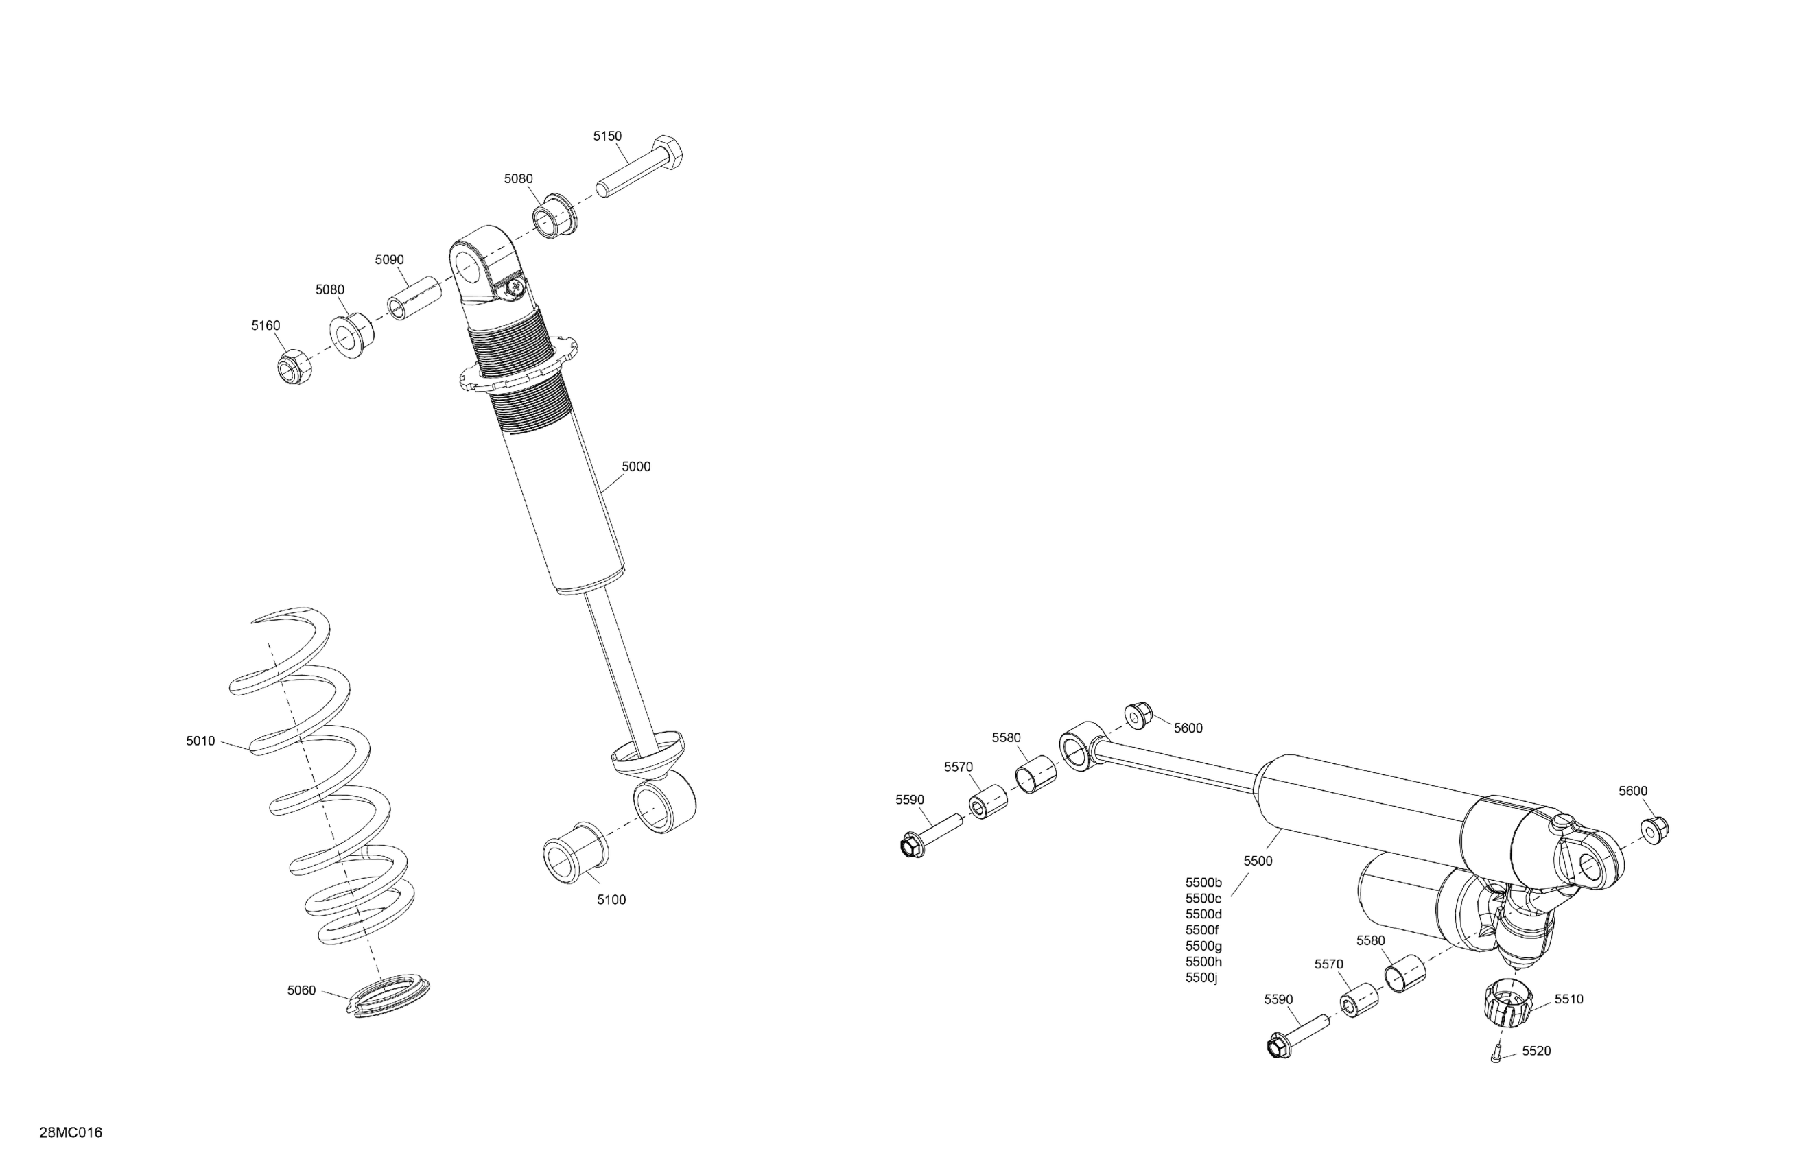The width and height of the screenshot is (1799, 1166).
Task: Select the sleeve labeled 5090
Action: pos(414,297)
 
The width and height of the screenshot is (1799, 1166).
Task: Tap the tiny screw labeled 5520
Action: pos(1495,1057)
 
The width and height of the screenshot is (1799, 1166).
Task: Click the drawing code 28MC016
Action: pos(71,1133)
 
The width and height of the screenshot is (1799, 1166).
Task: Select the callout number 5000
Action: pos(636,467)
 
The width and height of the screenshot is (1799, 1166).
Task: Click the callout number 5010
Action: pos(200,741)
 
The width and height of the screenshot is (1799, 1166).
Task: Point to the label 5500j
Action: pos(1201,978)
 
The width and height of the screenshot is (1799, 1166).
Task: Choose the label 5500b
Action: pos(1203,883)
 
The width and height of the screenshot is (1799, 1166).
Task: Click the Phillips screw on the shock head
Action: pos(515,287)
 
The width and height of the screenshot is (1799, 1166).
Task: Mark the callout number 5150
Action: pos(607,136)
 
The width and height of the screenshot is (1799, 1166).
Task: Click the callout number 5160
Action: pos(266,326)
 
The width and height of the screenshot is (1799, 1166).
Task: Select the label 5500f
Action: pos(1202,930)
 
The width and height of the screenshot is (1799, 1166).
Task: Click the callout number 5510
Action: pos(1568,999)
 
